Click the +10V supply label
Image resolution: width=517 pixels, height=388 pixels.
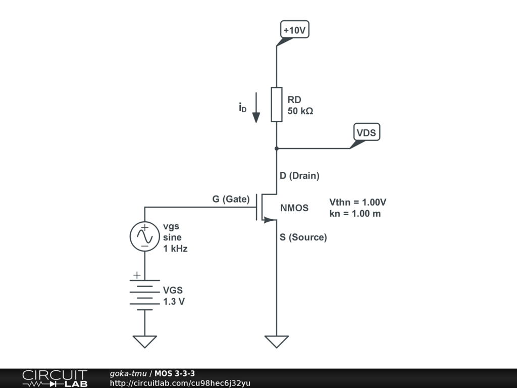(x=295, y=30)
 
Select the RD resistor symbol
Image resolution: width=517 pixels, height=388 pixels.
(x=276, y=105)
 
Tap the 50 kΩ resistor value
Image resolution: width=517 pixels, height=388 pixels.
(x=300, y=111)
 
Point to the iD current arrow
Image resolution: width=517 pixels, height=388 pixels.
(x=256, y=107)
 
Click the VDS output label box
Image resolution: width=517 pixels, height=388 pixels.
(x=367, y=133)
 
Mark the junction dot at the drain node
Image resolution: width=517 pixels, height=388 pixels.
(x=277, y=149)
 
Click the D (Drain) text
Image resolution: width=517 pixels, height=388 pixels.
(x=300, y=176)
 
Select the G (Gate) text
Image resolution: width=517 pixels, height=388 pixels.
(x=231, y=199)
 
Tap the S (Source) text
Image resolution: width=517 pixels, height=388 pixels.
(x=303, y=237)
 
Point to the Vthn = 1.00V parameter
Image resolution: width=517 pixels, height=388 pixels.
(x=358, y=202)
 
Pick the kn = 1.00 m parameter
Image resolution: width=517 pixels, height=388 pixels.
(x=355, y=213)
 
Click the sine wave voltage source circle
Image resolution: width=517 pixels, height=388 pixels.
(x=144, y=236)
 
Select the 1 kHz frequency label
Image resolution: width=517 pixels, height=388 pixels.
(x=175, y=249)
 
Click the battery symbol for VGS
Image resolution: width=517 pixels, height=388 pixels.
(x=144, y=293)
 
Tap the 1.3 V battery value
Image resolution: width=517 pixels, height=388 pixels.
(x=174, y=302)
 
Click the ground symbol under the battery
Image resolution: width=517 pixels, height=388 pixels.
(x=145, y=342)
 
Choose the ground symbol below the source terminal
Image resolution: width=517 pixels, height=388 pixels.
(x=277, y=342)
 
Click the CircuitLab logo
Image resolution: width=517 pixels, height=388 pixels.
(x=55, y=378)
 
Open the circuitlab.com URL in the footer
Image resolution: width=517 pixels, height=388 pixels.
(x=180, y=383)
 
